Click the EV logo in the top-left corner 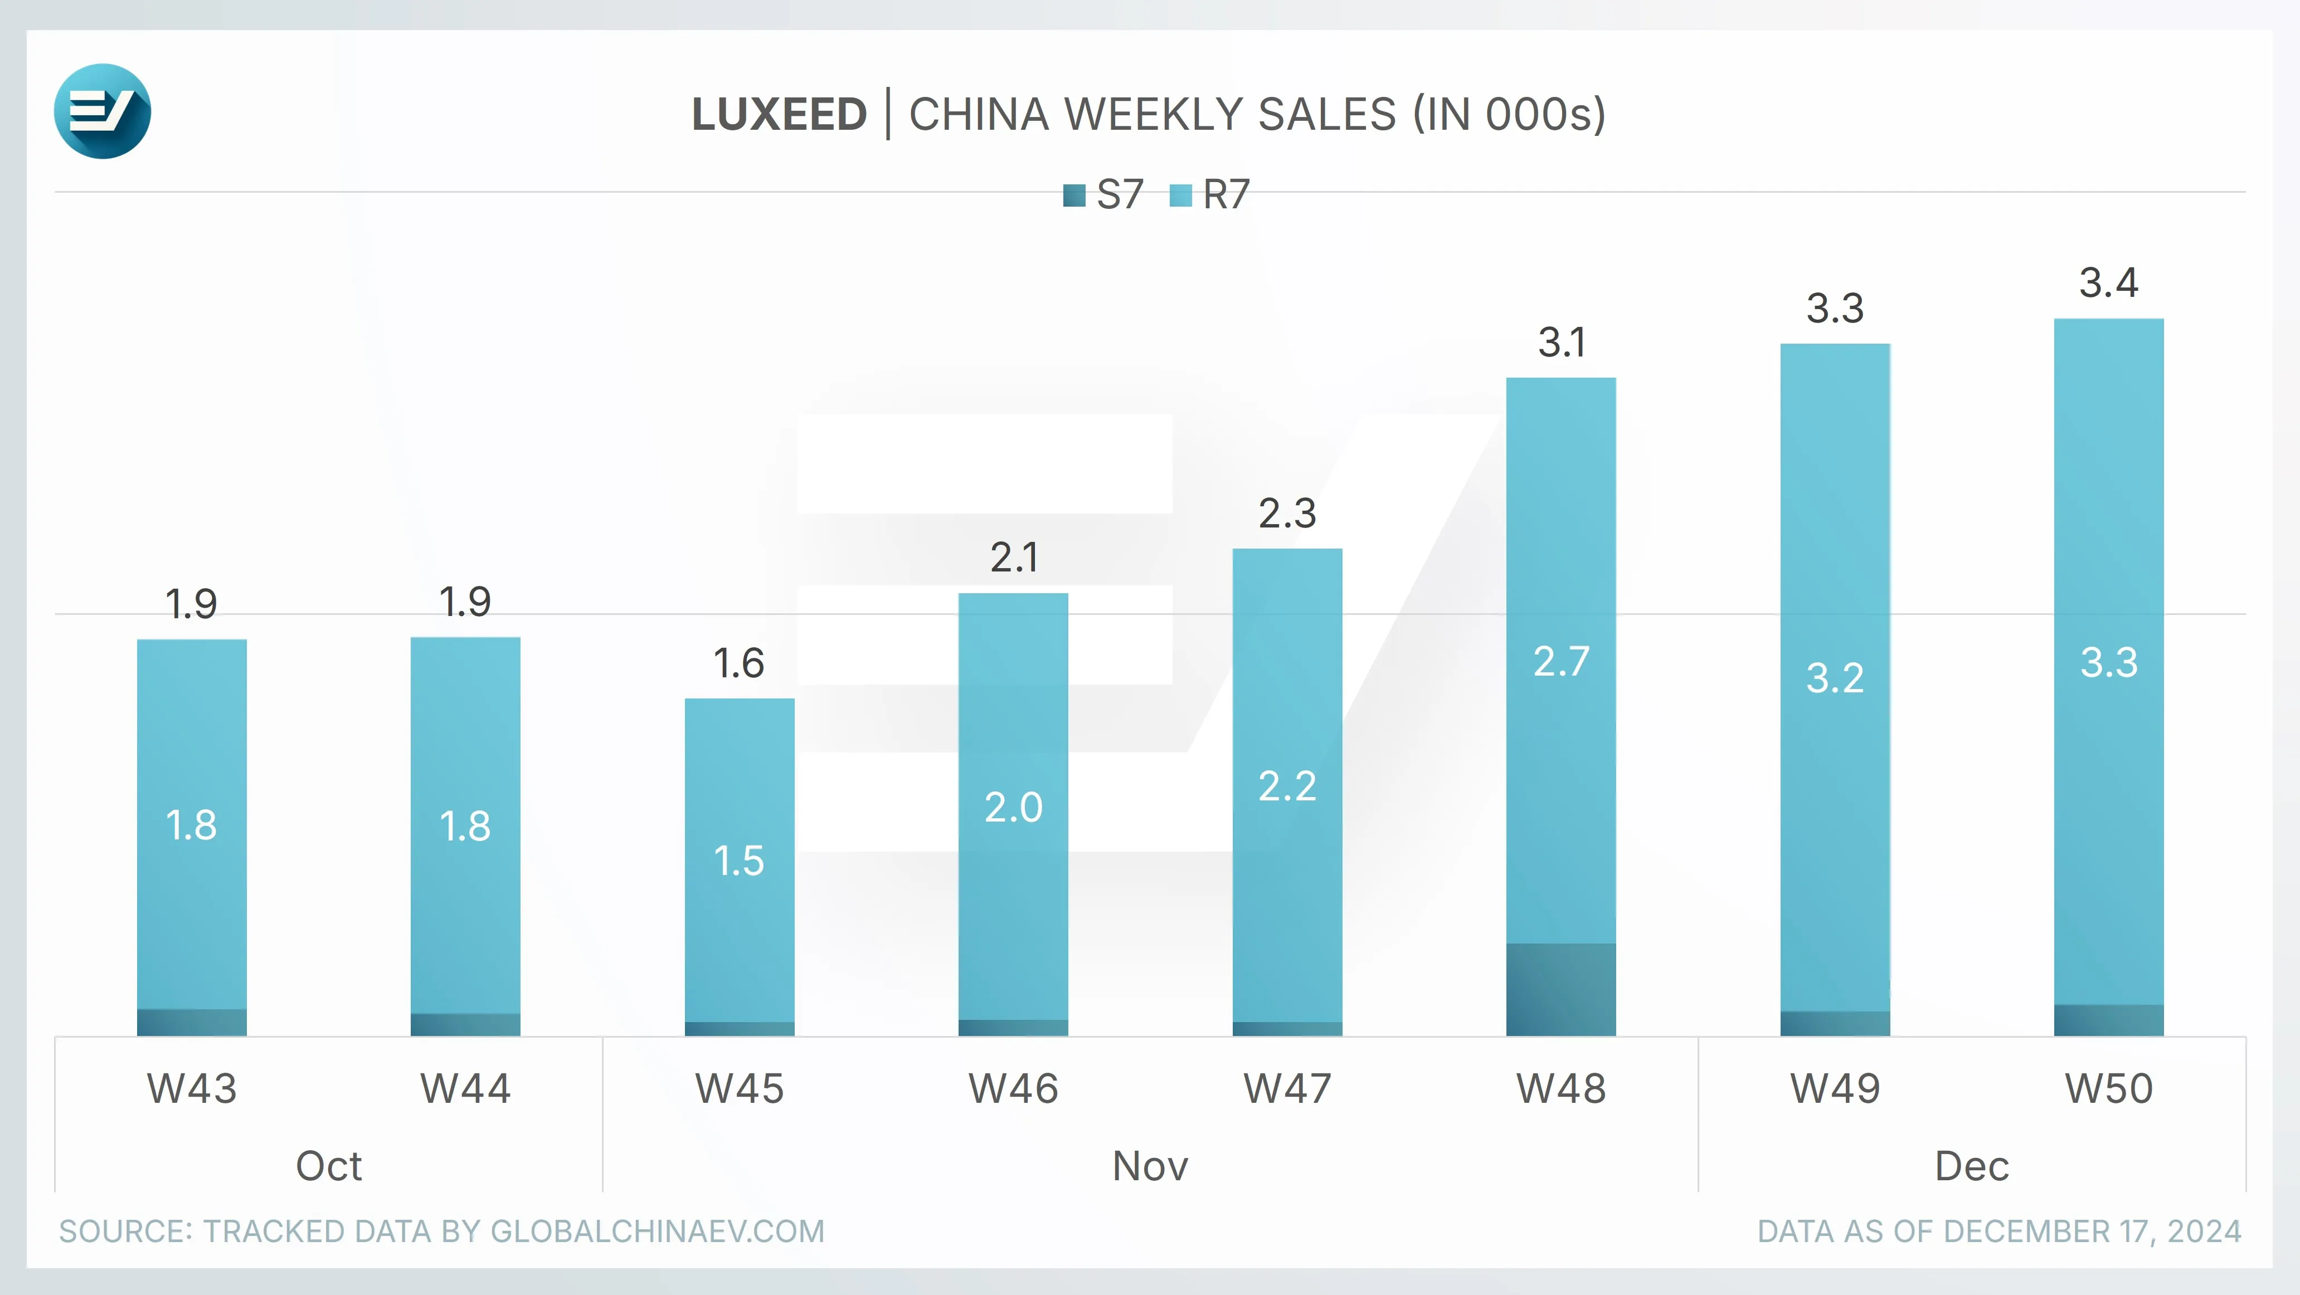[x=102, y=111]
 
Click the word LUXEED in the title [x=779, y=114]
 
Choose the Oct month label [x=329, y=1166]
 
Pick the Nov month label [x=1150, y=1166]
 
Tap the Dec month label [x=1971, y=1166]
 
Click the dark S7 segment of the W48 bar [x=1560, y=989]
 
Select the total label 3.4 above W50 [x=2109, y=283]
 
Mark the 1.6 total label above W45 [x=738, y=663]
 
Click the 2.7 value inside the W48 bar [x=1560, y=661]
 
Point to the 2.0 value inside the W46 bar [x=1013, y=808]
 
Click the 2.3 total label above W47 [x=1287, y=513]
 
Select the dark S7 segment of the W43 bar [x=192, y=1023]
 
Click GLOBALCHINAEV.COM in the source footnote [x=657, y=1232]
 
